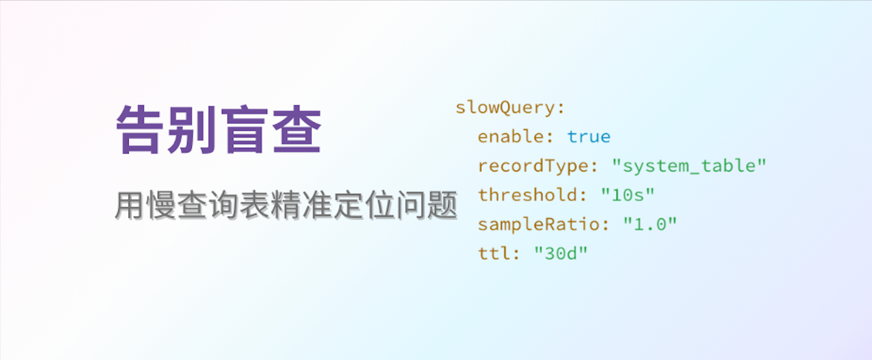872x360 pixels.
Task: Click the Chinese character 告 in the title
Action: tap(140, 129)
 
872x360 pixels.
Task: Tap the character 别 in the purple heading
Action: tap(192, 129)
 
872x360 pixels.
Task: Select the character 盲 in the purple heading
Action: tap(244, 129)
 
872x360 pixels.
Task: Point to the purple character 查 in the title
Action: tap(297, 129)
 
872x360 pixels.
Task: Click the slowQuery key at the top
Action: tap(505, 108)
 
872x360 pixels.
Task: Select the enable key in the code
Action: tap(510, 137)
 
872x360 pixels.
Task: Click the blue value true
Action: tap(588, 137)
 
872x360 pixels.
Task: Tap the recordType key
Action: tap(532, 166)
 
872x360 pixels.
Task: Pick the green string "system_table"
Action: tap(689, 166)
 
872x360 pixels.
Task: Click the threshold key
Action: tap(527, 195)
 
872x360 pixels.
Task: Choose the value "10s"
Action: tap(628, 195)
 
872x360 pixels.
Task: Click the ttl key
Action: tap(494, 253)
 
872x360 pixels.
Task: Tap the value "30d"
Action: tap(561, 253)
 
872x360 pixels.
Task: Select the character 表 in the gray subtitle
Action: tap(255, 205)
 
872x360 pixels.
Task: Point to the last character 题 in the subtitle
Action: tap(442, 205)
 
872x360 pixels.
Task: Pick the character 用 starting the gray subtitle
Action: tap(129, 205)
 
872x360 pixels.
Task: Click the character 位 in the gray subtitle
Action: tap(380, 205)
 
